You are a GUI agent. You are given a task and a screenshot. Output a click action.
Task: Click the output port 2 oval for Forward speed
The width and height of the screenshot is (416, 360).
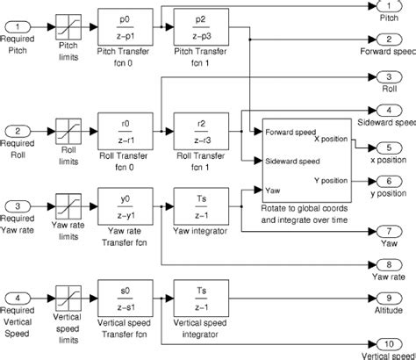pyautogui.click(x=387, y=40)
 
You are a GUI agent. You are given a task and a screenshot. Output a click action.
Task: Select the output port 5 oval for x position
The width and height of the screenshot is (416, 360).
pyautogui.click(x=387, y=147)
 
